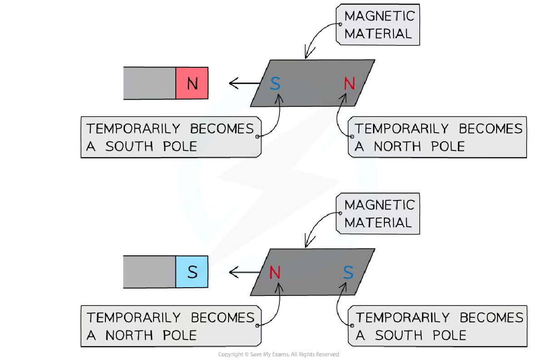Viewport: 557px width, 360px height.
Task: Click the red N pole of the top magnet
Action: tap(192, 83)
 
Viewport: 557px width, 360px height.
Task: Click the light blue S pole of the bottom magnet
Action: tap(192, 272)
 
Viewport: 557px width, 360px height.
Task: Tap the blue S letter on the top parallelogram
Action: tap(275, 84)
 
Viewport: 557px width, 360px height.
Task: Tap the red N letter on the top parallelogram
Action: tap(349, 84)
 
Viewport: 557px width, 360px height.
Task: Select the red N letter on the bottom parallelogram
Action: tap(275, 273)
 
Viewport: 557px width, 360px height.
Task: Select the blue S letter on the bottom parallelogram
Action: tap(348, 273)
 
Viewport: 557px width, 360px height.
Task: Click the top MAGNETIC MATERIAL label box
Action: tap(378, 25)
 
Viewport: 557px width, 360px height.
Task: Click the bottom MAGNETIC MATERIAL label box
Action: tap(378, 214)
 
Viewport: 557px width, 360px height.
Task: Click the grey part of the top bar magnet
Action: tap(149, 83)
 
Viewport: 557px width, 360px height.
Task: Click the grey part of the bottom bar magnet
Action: tap(149, 272)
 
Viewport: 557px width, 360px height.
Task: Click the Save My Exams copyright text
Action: tap(278, 355)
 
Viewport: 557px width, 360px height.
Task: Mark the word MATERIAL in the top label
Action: tap(378, 34)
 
